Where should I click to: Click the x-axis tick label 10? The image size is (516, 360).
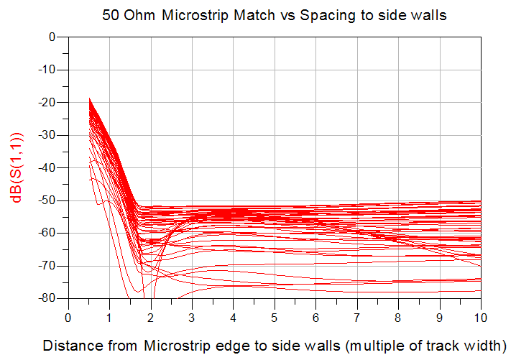pos(481,317)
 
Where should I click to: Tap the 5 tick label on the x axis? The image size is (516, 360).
pos(275,317)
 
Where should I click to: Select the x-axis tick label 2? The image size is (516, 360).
pos(151,317)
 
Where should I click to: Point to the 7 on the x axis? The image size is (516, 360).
pos(357,317)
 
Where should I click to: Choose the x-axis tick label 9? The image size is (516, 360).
pos(440,317)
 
